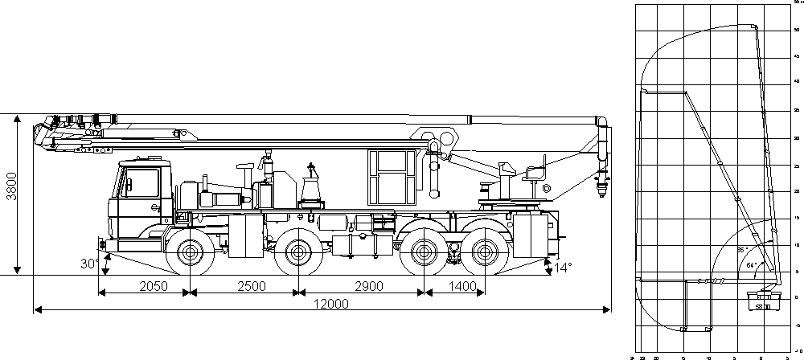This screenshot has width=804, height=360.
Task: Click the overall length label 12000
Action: tap(319, 303)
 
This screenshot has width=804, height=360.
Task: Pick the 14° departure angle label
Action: tap(562, 267)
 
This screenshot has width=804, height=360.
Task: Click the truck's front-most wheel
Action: tap(190, 253)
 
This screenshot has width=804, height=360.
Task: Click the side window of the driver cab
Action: tap(143, 181)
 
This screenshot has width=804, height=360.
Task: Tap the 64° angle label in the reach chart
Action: tap(751, 263)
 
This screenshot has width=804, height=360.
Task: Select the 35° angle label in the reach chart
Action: tap(741, 250)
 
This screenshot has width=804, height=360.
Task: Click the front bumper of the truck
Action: tap(103, 243)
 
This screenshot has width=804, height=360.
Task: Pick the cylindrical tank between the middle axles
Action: tap(354, 244)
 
